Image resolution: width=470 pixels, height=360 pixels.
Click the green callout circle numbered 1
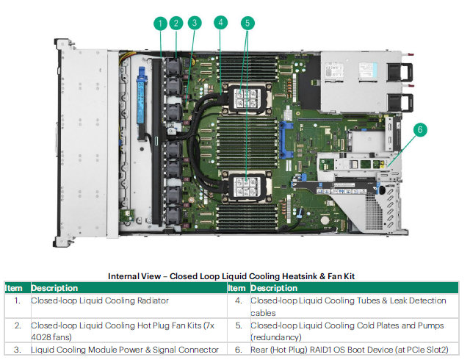[x=160, y=24]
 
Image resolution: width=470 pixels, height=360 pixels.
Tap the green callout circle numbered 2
[x=176, y=23]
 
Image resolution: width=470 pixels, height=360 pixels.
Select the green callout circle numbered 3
[x=195, y=23]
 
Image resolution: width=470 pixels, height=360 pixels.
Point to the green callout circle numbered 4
[x=220, y=23]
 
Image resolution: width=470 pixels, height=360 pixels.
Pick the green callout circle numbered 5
[x=247, y=23]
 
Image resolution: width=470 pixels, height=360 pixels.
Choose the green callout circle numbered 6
[x=420, y=129]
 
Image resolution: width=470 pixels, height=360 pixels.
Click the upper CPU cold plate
[x=247, y=98]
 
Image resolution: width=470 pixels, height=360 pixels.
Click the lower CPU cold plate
[x=247, y=187]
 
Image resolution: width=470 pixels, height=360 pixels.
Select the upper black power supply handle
[x=400, y=72]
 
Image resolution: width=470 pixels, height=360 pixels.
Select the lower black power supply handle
[x=400, y=103]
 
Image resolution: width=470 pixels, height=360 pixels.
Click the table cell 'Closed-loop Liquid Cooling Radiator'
[x=100, y=300]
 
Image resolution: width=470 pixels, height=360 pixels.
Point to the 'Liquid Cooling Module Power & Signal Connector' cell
[x=125, y=350]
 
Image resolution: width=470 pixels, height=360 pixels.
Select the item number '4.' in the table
[x=239, y=300]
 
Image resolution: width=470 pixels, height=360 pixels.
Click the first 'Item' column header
[x=14, y=288]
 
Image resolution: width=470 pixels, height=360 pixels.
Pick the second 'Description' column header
[x=274, y=288]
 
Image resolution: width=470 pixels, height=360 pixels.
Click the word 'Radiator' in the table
[x=153, y=300]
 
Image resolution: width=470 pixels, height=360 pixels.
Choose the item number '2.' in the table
[x=18, y=325]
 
